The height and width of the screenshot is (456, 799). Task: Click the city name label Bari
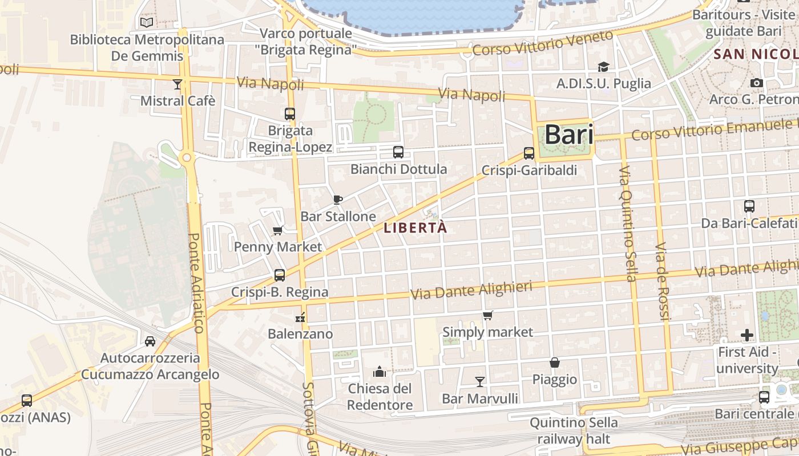[x=568, y=135]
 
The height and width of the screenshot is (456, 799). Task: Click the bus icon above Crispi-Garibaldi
[x=529, y=153]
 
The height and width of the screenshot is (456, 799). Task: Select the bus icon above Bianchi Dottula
[x=398, y=152]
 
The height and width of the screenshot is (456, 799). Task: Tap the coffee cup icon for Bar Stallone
[x=338, y=199]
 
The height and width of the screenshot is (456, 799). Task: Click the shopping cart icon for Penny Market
[x=278, y=230]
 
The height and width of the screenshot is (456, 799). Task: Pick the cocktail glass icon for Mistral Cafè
[x=177, y=84]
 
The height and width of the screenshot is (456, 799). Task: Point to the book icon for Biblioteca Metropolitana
[x=147, y=22]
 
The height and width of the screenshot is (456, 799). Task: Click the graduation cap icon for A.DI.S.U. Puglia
[x=603, y=67]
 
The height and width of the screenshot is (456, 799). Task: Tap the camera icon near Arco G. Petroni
[x=757, y=83]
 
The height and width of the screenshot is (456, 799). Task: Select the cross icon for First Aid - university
[x=747, y=335]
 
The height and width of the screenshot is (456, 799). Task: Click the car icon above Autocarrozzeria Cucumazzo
[x=150, y=341]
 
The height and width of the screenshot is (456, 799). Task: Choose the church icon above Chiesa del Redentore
[x=380, y=372]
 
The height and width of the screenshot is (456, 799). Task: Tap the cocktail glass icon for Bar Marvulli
[x=480, y=381]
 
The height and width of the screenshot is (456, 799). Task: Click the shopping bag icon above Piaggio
[x=554, y=363]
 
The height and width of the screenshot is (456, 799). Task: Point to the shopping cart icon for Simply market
[x=488, y=315]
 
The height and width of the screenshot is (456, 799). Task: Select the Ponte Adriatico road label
[x=195, y=282]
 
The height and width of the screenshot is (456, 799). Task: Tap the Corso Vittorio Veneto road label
[x=542, y=44]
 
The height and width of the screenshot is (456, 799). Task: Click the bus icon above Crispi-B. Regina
[x=280, y=275]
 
